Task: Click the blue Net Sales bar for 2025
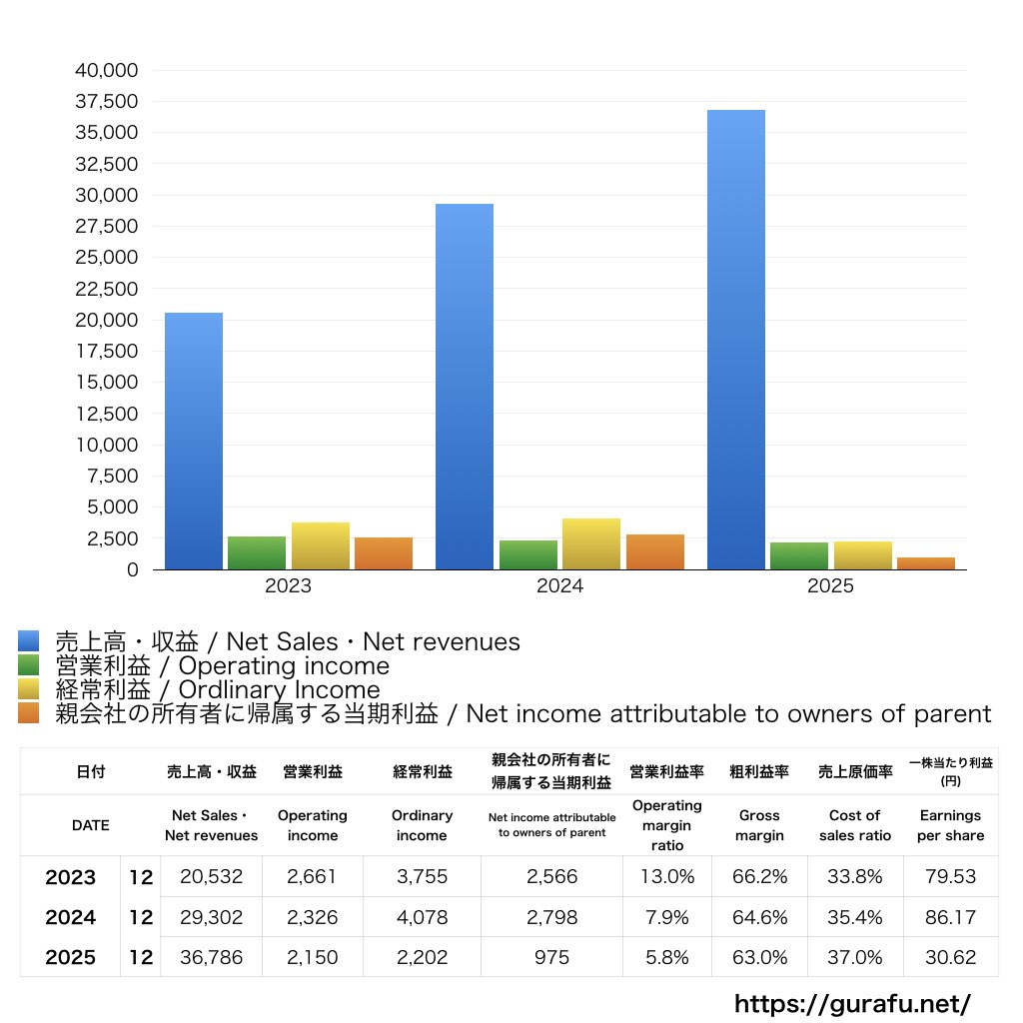(736, 340)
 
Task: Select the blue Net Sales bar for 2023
(194, 441)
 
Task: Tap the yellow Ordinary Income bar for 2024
(591, 543)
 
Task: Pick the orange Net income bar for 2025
(926, 563)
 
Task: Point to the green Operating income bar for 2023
(257, 552)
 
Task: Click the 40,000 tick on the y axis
(106, 71)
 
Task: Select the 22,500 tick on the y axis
(106, 289)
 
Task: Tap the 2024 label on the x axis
(559, 586)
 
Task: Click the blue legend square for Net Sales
(28, 641)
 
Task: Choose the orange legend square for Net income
(28, 713)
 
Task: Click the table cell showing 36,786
(212, 957)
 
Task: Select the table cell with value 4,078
(422, 917)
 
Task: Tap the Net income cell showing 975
(551, 957)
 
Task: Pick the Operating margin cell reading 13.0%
(667, 877)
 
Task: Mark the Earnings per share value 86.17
(950, 917)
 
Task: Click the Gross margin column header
(759, 825)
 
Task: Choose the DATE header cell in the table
(90, 825)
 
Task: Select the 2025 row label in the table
(71, 957)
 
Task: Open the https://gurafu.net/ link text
(852, 1003)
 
